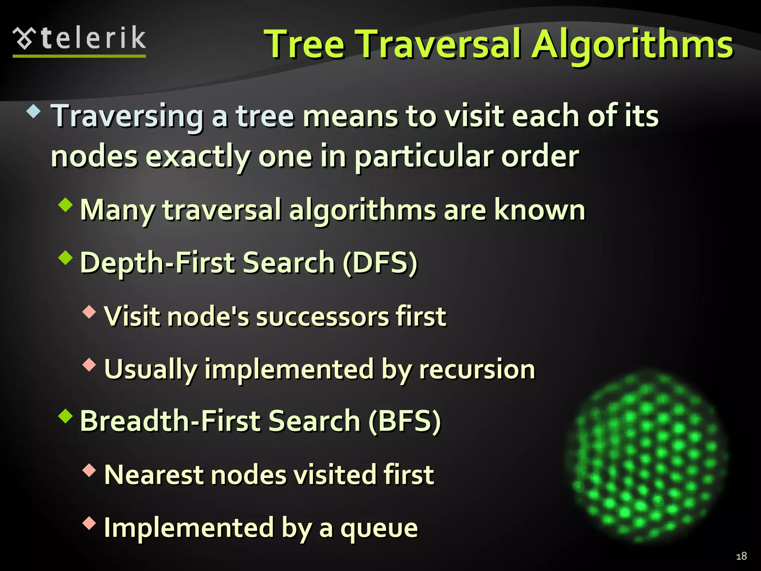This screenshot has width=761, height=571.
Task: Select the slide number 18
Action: (x=741, y=556)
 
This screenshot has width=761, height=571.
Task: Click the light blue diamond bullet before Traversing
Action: (x=34, y=112)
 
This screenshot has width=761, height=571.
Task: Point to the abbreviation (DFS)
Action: (x=380, y=262)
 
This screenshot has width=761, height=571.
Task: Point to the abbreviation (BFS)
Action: (x=404, y=421)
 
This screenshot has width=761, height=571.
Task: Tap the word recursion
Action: (x=477, y=370)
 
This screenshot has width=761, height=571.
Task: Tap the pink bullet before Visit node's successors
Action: (x=89, y=312)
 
